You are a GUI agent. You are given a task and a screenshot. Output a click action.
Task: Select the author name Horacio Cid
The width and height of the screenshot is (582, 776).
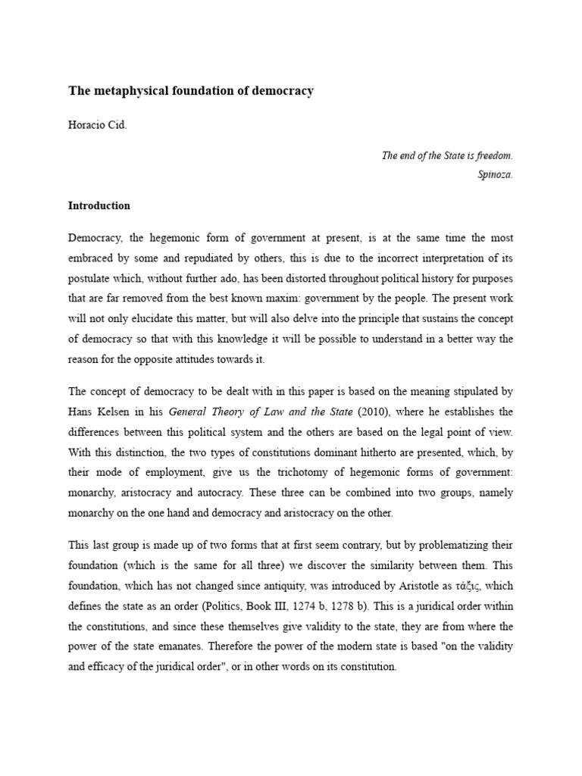pos(98,125)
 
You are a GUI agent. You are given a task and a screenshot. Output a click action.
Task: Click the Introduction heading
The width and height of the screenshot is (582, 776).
pos(99,205)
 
